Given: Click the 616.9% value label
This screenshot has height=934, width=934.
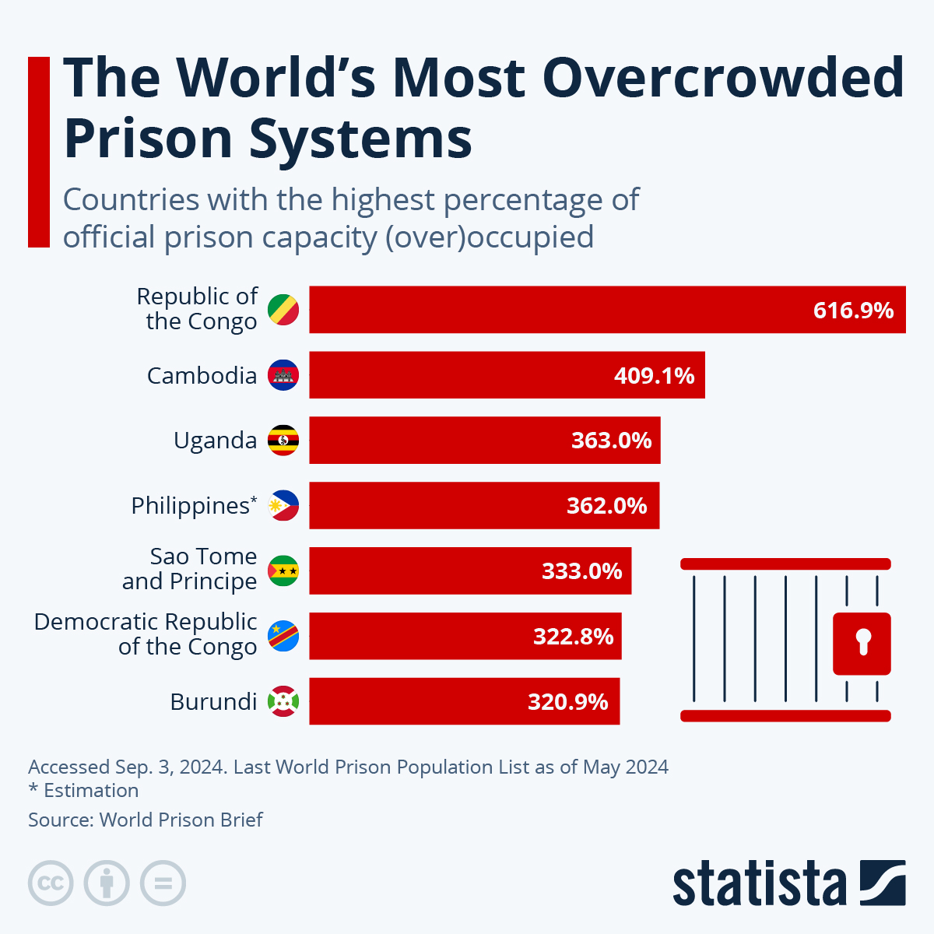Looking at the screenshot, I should point(853,311).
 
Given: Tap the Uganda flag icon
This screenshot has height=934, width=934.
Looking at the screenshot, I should point(283,441).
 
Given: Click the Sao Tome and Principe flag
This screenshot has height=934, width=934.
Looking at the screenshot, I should point(283,571).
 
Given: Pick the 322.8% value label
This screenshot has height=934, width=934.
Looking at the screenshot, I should point(573,637).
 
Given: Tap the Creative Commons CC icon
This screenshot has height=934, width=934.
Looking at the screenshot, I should point(51,883).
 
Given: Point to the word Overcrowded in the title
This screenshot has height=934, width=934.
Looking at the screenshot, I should point(722,78).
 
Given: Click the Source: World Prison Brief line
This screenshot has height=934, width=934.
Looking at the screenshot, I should point(146,820).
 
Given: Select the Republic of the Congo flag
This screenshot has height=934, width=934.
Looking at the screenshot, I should point(283,310).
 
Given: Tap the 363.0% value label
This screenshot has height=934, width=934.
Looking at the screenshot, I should point(611,441).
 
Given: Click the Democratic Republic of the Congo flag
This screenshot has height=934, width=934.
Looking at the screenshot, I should point(283,637).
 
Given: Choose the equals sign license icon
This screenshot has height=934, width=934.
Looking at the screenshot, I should point(163,883).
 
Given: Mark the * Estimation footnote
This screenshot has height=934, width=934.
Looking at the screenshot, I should point(83,791).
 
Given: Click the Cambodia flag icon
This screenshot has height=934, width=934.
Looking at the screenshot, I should point(283,375).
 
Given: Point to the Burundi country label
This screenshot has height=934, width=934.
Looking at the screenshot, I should point(213,702).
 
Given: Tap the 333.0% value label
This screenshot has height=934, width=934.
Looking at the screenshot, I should point(581,571).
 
